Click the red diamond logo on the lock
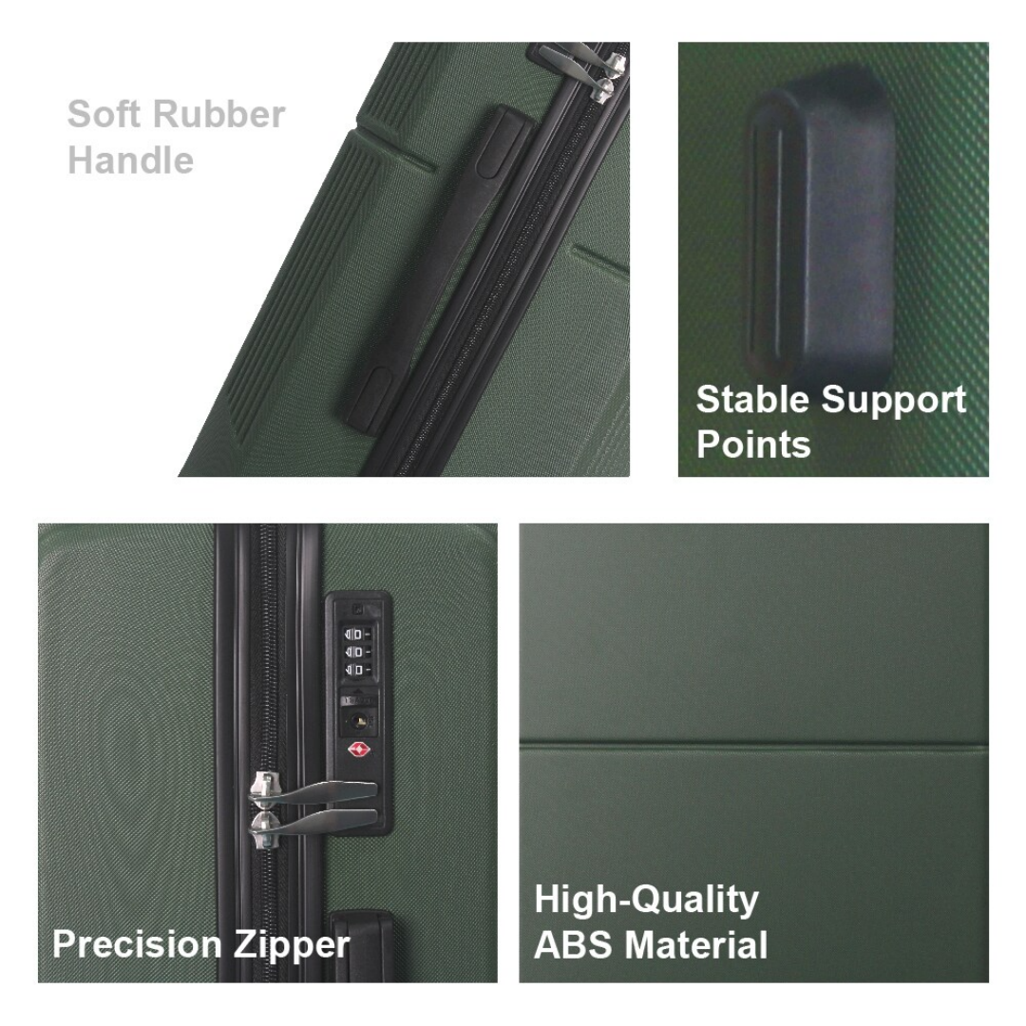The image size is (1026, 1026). [358, 750]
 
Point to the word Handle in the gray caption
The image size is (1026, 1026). [131, 161]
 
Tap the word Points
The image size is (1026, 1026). [753, 445]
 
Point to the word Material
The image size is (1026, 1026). [695, 945]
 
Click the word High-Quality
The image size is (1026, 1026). [647, 901]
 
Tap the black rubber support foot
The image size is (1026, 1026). [822, 223]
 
